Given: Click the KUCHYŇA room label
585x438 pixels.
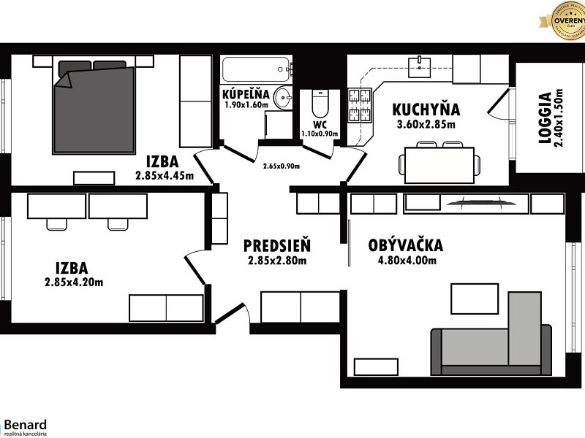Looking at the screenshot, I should point(426,109).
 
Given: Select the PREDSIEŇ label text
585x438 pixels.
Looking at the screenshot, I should point(277,245).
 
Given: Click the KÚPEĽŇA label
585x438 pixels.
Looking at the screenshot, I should point(246,94).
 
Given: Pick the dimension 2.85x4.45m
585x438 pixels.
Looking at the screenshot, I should point(165,175).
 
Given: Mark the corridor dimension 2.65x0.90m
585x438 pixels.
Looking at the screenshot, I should point(282,165).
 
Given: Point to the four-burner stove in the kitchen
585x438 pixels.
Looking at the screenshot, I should point(359,107).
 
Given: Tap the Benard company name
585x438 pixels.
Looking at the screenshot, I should point(25,424).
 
